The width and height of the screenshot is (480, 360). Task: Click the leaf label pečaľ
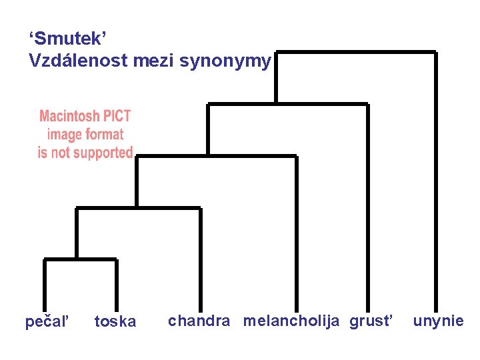pyautogui.click(x=47, y=322)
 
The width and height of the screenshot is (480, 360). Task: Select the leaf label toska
pyautogui.click(x=115, y=322)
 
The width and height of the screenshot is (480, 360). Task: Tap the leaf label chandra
pyautogui.click(x=199, y=321)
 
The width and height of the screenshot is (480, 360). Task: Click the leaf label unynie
pyautogui.click(x=438, y=321)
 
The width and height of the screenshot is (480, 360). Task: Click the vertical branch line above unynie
pyautogui.click(x=436, y=180)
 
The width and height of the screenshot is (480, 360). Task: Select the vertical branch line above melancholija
pyautogui.click(x=296, y=233)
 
